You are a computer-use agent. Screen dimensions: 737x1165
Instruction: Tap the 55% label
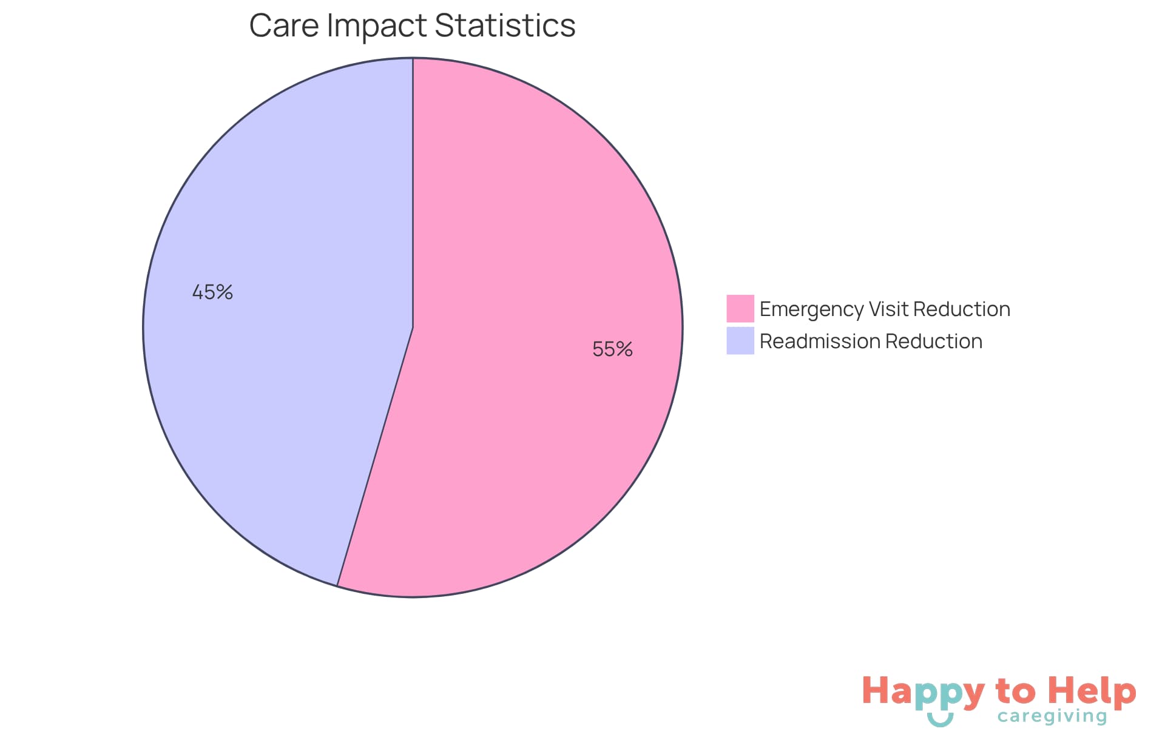pos(612,349)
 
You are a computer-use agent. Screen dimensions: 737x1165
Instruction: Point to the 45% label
pos(212,292)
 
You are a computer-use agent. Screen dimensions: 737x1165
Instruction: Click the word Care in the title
pos(283,25)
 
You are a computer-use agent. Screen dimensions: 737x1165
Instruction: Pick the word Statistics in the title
pos(505,25)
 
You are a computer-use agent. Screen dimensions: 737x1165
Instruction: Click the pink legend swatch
pos(740,308)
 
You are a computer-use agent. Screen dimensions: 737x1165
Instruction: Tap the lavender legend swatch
pos(740,341)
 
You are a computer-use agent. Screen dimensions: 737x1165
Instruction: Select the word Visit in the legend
pos(889,309)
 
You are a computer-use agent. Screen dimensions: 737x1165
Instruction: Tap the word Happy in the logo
pos(923,692)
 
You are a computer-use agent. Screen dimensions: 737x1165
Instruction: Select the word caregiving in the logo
pos(1052,717)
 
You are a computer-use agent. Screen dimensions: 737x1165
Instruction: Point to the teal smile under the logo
pos(940,720)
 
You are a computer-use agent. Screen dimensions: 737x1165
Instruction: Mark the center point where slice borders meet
pos(413,328)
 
